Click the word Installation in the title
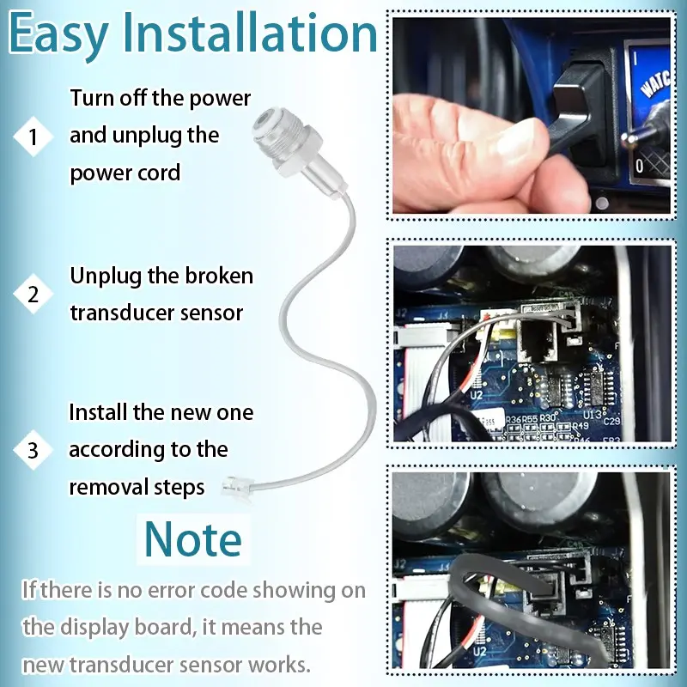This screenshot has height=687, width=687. pyautogui.click(x=250, y=33)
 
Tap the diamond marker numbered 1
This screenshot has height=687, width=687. pyautogui.click(x=33, y=137)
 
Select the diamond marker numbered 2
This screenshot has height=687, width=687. pyautogui.click(x=33, y=294)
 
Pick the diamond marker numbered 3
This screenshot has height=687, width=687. pyautogui.click(x=33, y=450)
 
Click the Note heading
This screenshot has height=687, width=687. pyautogui.click(x=192, y=539)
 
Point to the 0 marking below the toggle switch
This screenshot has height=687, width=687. pyautogui.click(x=640, y=166)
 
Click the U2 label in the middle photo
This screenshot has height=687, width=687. pyautogui.click(x=477, y=395)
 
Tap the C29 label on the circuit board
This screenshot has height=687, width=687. pyautogui.click(x=611, y=421)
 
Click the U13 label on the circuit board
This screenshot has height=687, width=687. pyautogui.click(x=590, y=414)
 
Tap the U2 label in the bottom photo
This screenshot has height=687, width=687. pyautogui.click(x=480, y=652)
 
